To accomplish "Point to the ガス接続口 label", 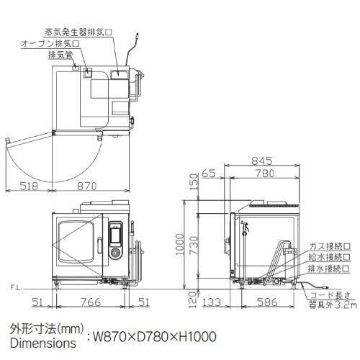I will (x=330, y=246).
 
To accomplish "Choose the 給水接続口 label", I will (x=330, y=257).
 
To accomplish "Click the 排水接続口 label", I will (x=330, y=269).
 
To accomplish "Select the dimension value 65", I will (x=210, y=174).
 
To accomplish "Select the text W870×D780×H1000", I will (x=153, y=336).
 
